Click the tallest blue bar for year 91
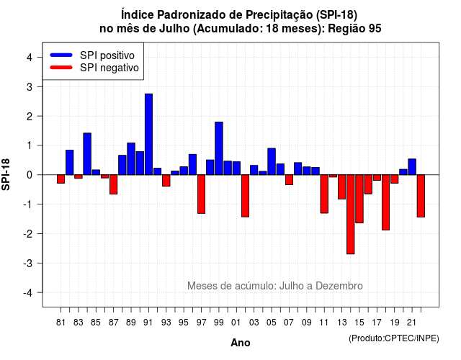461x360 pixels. (148, 135)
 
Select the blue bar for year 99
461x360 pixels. (219, 148)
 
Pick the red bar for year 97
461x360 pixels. (201, 194)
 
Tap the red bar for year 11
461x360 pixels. (324, 194)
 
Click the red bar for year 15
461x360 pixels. (359, 199)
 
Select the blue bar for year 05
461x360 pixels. (272, 161)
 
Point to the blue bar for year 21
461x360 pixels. (412, 167)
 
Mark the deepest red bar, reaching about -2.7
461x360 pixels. (351, 215)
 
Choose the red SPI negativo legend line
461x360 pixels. (61, 67)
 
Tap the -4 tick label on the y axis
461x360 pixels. (28, 293)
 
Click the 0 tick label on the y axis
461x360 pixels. (29, 175)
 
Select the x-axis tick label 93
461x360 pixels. (166, 323)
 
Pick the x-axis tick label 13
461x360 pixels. (342, 323)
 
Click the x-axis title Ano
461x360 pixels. (241, 343)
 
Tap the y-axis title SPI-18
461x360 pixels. (6, 174)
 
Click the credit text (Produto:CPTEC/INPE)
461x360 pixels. (394, 338)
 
